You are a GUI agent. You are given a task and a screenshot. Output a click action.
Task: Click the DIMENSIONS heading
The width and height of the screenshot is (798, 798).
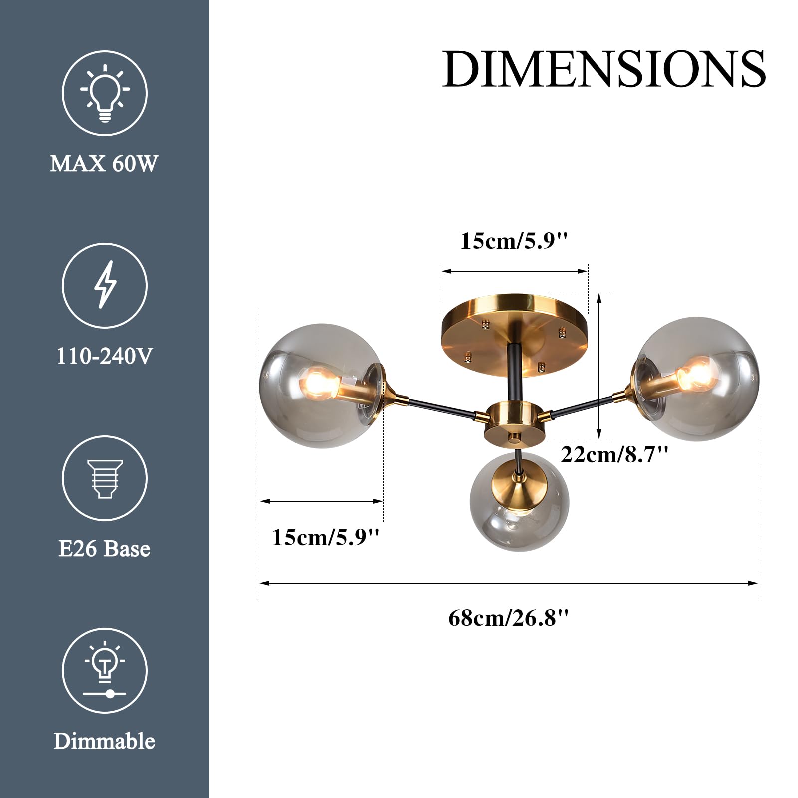pos(604,69)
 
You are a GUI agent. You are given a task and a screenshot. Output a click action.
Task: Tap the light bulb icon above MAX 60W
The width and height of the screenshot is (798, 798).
pos(105,93)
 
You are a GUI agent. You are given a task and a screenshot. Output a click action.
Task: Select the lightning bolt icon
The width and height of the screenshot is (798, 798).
pos(105,285)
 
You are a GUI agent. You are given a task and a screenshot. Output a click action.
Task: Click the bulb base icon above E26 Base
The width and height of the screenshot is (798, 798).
pos(105,478)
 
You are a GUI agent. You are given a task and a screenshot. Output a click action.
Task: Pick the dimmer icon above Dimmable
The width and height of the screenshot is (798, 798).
pos(105,670)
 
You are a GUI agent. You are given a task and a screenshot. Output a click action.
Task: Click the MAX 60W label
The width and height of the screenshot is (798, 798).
pos(104,164)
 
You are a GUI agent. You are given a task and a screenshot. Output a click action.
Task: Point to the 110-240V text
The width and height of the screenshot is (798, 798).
pos(104,356)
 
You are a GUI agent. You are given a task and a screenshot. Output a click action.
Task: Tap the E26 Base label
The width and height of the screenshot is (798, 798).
pos(104,549)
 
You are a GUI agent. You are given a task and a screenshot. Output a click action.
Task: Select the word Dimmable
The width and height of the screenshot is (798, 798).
pos(104,741)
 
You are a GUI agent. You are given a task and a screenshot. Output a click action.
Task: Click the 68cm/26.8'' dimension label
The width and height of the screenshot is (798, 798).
pos(508,618)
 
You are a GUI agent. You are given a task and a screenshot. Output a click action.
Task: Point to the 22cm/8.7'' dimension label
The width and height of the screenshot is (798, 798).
pos(614,454)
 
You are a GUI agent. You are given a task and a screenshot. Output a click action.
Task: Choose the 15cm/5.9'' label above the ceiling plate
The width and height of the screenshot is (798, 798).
pos(514,241)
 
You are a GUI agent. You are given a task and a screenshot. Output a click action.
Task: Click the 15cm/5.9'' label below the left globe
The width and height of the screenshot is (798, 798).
pos(326,537)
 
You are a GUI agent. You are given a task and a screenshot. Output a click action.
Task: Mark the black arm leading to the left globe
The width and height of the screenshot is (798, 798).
pos(441,406)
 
